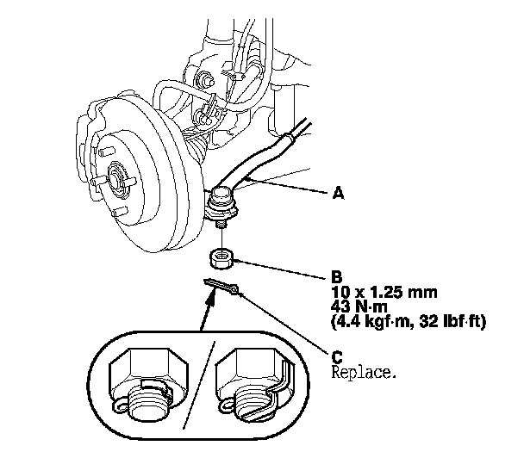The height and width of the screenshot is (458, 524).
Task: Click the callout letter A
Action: (x=339, y=195)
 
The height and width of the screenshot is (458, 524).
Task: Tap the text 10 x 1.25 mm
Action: (x=382, y=293)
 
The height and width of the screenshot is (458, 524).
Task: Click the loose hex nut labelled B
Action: (x=222, y=256)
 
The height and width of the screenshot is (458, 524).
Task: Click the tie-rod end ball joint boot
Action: (x=225, y=207)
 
